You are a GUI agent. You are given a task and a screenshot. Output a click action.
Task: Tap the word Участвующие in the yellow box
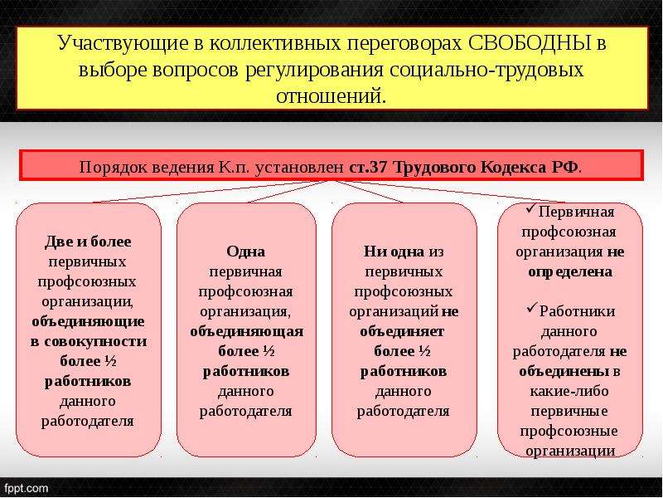click(123, 44)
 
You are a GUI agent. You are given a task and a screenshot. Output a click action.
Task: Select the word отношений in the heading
click(330, 96)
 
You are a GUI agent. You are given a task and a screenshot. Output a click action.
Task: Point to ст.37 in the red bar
click(368, 168)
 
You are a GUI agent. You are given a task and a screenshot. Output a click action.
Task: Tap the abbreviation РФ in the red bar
click(565, 168)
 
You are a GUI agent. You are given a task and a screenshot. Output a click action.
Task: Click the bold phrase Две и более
click(88, 242)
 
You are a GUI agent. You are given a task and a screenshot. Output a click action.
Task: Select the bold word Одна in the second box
click(245, 252)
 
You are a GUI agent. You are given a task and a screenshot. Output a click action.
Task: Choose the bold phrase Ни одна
click(394, 251)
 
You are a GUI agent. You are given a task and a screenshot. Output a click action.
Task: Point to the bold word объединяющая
click(246, 331)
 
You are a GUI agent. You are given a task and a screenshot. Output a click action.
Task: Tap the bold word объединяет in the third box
click(402, 331)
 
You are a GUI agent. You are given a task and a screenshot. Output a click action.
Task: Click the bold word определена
click(570, 272)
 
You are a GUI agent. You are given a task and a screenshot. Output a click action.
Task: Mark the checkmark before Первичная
click(531, 208)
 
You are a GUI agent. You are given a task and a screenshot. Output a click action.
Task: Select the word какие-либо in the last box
click(569, 391)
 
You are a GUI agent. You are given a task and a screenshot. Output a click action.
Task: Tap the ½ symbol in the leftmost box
click(110, 362)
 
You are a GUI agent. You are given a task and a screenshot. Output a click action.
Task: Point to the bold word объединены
click(564, 371)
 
